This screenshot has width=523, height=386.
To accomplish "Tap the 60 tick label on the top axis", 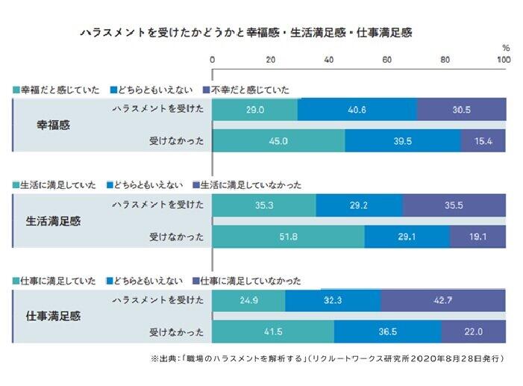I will tap(387, 59).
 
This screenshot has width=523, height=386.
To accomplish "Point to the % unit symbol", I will tap(505, 47).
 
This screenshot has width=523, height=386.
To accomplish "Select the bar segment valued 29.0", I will tap(255, 109).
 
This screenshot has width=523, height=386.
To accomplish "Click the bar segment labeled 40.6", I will tap(357, 109).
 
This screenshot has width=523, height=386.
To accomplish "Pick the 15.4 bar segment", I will tap(483, 140).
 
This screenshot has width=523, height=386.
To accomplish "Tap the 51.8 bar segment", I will tap(289, 237).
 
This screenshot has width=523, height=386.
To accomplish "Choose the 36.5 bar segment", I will tap(387, 331).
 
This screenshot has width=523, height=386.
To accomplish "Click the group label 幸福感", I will tap(54, 125).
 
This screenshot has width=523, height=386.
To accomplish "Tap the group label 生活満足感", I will tap(54, 220).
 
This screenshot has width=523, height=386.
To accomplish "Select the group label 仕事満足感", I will tap(54, 315).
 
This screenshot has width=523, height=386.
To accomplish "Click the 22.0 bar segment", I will tap(474, 331).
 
